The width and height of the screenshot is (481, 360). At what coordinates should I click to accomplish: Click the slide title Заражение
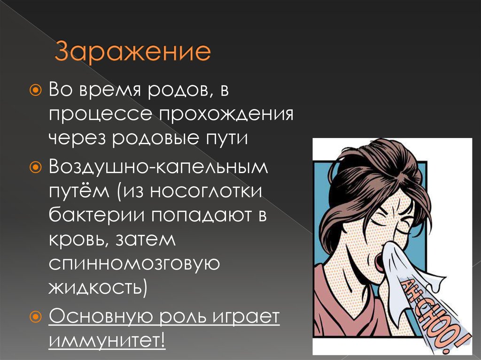(132, 53)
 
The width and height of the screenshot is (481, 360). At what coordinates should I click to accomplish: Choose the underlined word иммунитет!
(107, 338)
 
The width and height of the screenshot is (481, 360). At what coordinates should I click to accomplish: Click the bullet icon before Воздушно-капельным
(35, 166)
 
